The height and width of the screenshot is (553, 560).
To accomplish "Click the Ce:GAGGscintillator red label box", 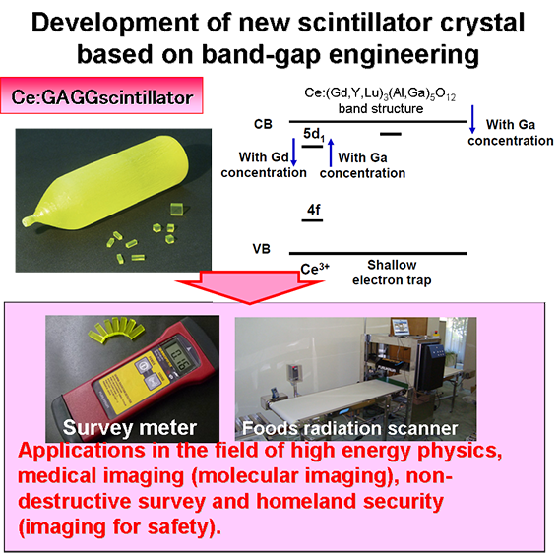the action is [x=101, y=95].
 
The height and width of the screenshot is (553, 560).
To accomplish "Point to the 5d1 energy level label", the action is [x=314, y=134].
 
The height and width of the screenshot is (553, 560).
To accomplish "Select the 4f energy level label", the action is [x=314, y=210].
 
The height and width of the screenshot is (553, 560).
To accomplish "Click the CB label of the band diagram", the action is [x=263, y=124].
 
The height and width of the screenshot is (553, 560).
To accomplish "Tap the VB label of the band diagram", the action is [x=262, y=249].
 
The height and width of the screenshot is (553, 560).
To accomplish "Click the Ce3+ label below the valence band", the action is [x=315, y=269].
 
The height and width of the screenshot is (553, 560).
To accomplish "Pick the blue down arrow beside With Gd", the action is [x=293, y=153].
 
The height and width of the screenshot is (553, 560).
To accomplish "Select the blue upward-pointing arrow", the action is [x=331, y=153].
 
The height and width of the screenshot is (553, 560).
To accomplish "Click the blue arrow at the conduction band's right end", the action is [x=472, y=119].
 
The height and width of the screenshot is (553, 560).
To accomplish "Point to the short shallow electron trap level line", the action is [x=391, y=134].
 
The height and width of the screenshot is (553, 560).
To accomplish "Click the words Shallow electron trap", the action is [x=392, y=273].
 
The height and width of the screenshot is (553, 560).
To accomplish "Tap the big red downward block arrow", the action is [x=250, y=286].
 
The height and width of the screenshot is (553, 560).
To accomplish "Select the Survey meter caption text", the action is [x=130, y=428].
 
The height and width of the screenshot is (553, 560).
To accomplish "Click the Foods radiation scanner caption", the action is [x=350, y=428].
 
